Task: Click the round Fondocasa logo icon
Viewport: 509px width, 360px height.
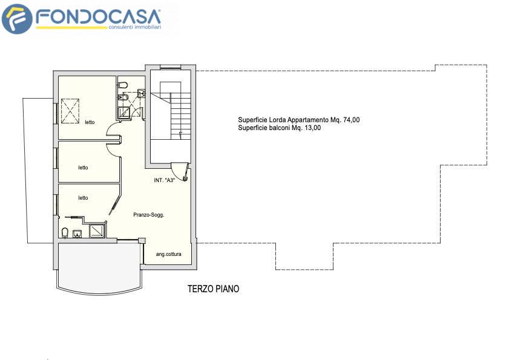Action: point(17,19)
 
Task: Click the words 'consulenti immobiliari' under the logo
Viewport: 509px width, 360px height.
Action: point(135,27)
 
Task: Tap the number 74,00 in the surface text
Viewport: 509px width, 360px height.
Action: point(351,120)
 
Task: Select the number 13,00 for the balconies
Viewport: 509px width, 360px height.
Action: point(313,128)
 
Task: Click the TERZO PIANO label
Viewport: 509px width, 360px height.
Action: point(213,289)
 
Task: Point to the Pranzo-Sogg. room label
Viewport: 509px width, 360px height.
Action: point(149,215)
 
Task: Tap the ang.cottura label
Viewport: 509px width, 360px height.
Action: point(168,254)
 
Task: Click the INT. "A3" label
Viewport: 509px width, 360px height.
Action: point(165,180)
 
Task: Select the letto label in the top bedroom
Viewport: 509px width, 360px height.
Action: point(90,122)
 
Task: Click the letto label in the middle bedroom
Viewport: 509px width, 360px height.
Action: point(83,168)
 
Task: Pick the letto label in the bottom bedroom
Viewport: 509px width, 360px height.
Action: point(83,198)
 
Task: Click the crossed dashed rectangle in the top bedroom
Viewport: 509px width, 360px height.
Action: point(70,111)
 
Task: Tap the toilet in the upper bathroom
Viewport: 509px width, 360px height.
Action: point(123,85)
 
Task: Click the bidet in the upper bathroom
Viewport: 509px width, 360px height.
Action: point(122,97)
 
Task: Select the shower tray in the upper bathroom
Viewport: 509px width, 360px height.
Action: point(124,113)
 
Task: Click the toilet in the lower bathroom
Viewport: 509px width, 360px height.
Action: point(65,232)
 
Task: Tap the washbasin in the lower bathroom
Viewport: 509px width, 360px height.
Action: point(77,234)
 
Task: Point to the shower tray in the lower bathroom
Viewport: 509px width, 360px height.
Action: point(97,230)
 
